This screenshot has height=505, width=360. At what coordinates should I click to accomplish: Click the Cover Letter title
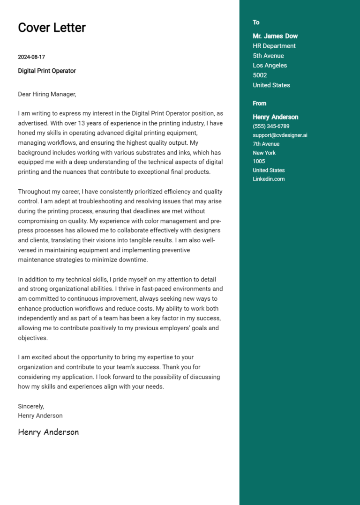coord(52,28)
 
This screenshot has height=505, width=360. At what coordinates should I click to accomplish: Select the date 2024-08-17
coord(31,57)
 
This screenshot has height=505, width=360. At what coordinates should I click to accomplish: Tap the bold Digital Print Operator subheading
coord(47,71)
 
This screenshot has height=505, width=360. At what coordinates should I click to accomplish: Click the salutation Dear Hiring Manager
coord(47,94)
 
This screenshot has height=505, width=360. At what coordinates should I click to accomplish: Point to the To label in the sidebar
coord(256,22)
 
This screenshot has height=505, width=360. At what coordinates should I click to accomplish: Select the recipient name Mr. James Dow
coord(275,36)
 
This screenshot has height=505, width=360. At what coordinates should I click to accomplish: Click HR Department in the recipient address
coord(274,46)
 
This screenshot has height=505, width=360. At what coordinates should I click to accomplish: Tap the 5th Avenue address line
coord(268,56)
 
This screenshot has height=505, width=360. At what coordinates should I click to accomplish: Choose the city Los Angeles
coord(270,66)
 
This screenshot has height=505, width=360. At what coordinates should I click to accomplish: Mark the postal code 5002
coord(260,75)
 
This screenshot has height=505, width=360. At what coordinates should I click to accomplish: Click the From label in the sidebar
coord(259,104)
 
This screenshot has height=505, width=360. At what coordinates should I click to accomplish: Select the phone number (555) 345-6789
coord(271,126)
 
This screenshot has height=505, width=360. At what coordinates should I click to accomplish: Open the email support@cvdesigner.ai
coord(280,135)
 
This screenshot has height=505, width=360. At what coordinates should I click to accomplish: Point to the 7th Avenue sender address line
coord(266,144)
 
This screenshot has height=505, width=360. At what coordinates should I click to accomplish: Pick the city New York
coord(264,153)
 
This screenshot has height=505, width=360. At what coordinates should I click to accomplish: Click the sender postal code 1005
coord(259,162)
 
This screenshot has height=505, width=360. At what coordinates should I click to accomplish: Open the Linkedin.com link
coord(269,179)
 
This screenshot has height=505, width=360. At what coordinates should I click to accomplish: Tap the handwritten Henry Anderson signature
coord(48,432)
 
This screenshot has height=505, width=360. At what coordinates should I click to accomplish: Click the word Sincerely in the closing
coord(31,406)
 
